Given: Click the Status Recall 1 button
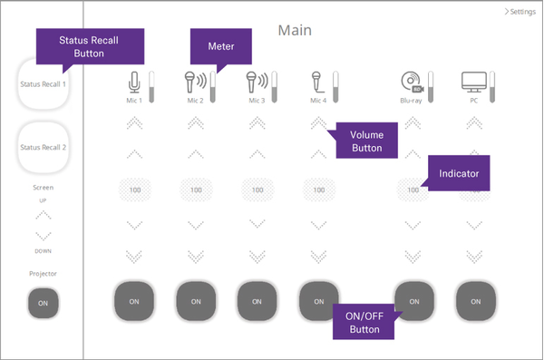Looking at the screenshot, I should click(43, 84).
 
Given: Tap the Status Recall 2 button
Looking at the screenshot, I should click(43, 147).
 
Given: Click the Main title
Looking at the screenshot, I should click(294, 30).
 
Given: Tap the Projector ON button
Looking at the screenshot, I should click(43, 303).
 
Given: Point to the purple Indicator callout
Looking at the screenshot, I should click(459, 171).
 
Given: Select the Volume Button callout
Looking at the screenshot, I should click(366, 141).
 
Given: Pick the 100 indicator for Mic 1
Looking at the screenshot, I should click(134, 190).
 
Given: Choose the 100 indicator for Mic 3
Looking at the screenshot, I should click(257, 190).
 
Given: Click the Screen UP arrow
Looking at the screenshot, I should click(43, 216).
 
